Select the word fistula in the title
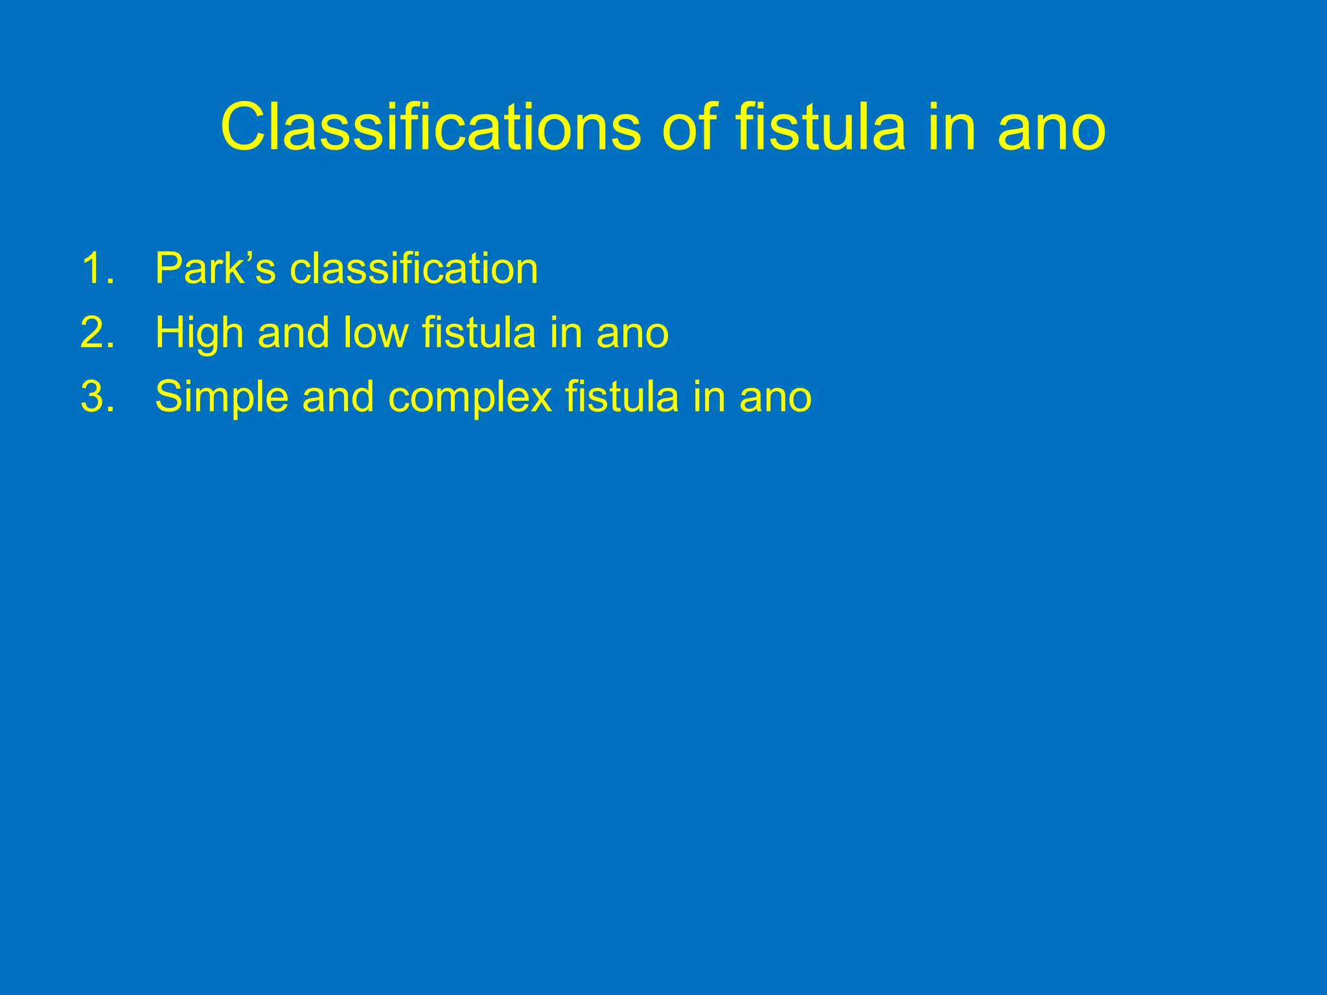pos(820,128)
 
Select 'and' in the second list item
pos(294,333)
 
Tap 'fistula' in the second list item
pos(479,333)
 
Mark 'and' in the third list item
pos(338,397)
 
